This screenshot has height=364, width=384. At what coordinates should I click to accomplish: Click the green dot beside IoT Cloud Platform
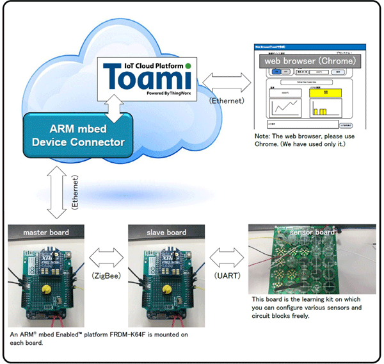click(x=188, y=65)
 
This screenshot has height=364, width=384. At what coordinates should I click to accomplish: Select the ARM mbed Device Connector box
click(x=79, y=134)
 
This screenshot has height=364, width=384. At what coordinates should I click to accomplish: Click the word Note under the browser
click(x=262, y=136)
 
